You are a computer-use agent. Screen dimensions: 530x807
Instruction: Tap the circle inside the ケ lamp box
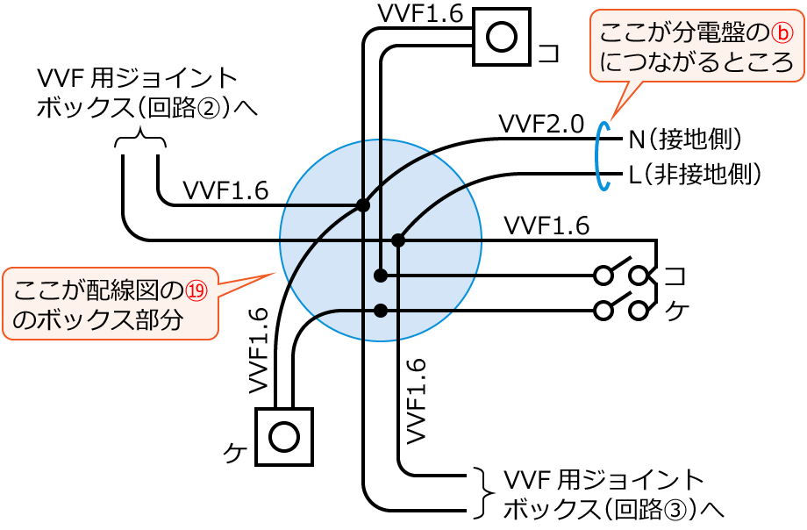click(x=284, y=436)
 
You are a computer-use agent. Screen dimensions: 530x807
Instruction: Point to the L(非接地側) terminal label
click(x=694, y=174)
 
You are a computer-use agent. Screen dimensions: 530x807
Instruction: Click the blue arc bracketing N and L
click(x=601, y=155)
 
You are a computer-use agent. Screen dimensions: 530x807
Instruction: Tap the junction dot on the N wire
click(x=362, y=205)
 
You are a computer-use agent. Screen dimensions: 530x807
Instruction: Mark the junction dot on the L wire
click(x=398, y=240)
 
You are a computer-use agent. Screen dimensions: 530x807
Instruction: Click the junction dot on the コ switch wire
click(x=380, y=276)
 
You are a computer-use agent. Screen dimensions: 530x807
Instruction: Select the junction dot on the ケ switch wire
click(x=380, y=310)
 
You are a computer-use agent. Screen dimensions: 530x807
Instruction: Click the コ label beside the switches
click(x=675, y=276)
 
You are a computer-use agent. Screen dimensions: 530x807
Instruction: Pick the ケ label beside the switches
click(x=675, y=310)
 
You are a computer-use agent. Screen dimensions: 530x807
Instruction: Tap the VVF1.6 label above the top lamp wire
click(x=420, y=14)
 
